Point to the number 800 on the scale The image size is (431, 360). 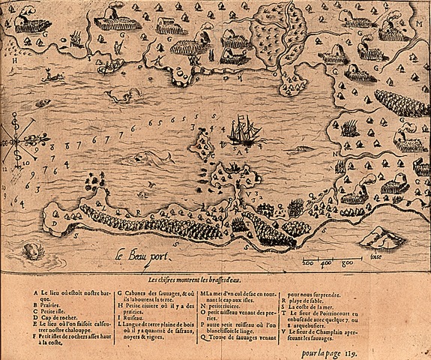pos(347,263)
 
